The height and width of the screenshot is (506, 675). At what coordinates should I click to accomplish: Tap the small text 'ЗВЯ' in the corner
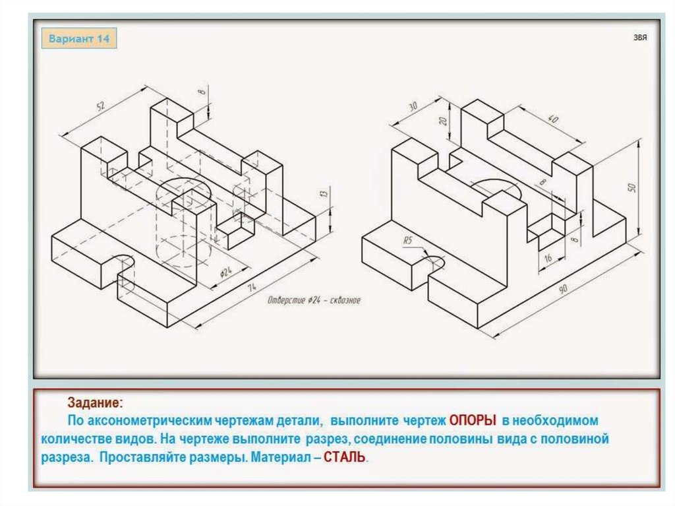coord(640,38)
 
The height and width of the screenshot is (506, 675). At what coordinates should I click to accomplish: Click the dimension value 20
coord(443,121)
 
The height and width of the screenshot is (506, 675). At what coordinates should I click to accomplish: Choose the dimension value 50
coord(631,187)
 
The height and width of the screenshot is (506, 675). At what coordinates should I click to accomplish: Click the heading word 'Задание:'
coord(94,402)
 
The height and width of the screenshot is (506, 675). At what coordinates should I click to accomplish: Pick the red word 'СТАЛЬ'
coord(343,457)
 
